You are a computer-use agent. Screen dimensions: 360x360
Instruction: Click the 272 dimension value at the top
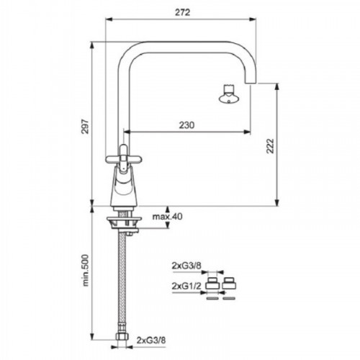click(x=182, y=12)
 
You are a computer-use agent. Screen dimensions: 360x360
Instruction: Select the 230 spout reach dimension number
click(x=186, y=125)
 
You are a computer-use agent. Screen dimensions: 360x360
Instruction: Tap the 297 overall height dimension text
click(x=86, y=126)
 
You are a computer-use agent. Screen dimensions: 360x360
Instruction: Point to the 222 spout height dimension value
click(x=270, y=145)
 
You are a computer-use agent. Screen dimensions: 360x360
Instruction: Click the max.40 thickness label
click(x=168, y=217)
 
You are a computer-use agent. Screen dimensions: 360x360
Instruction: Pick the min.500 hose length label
click(x=86, y=271)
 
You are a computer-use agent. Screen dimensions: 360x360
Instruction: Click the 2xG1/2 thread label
click(x=186, y=286)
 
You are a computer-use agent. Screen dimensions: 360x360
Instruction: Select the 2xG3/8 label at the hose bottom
click(x=151, y=341)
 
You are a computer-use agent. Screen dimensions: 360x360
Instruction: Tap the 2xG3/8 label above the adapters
click(x=186, y=266)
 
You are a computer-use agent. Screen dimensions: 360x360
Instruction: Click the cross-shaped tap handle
click(x=124, y=158)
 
